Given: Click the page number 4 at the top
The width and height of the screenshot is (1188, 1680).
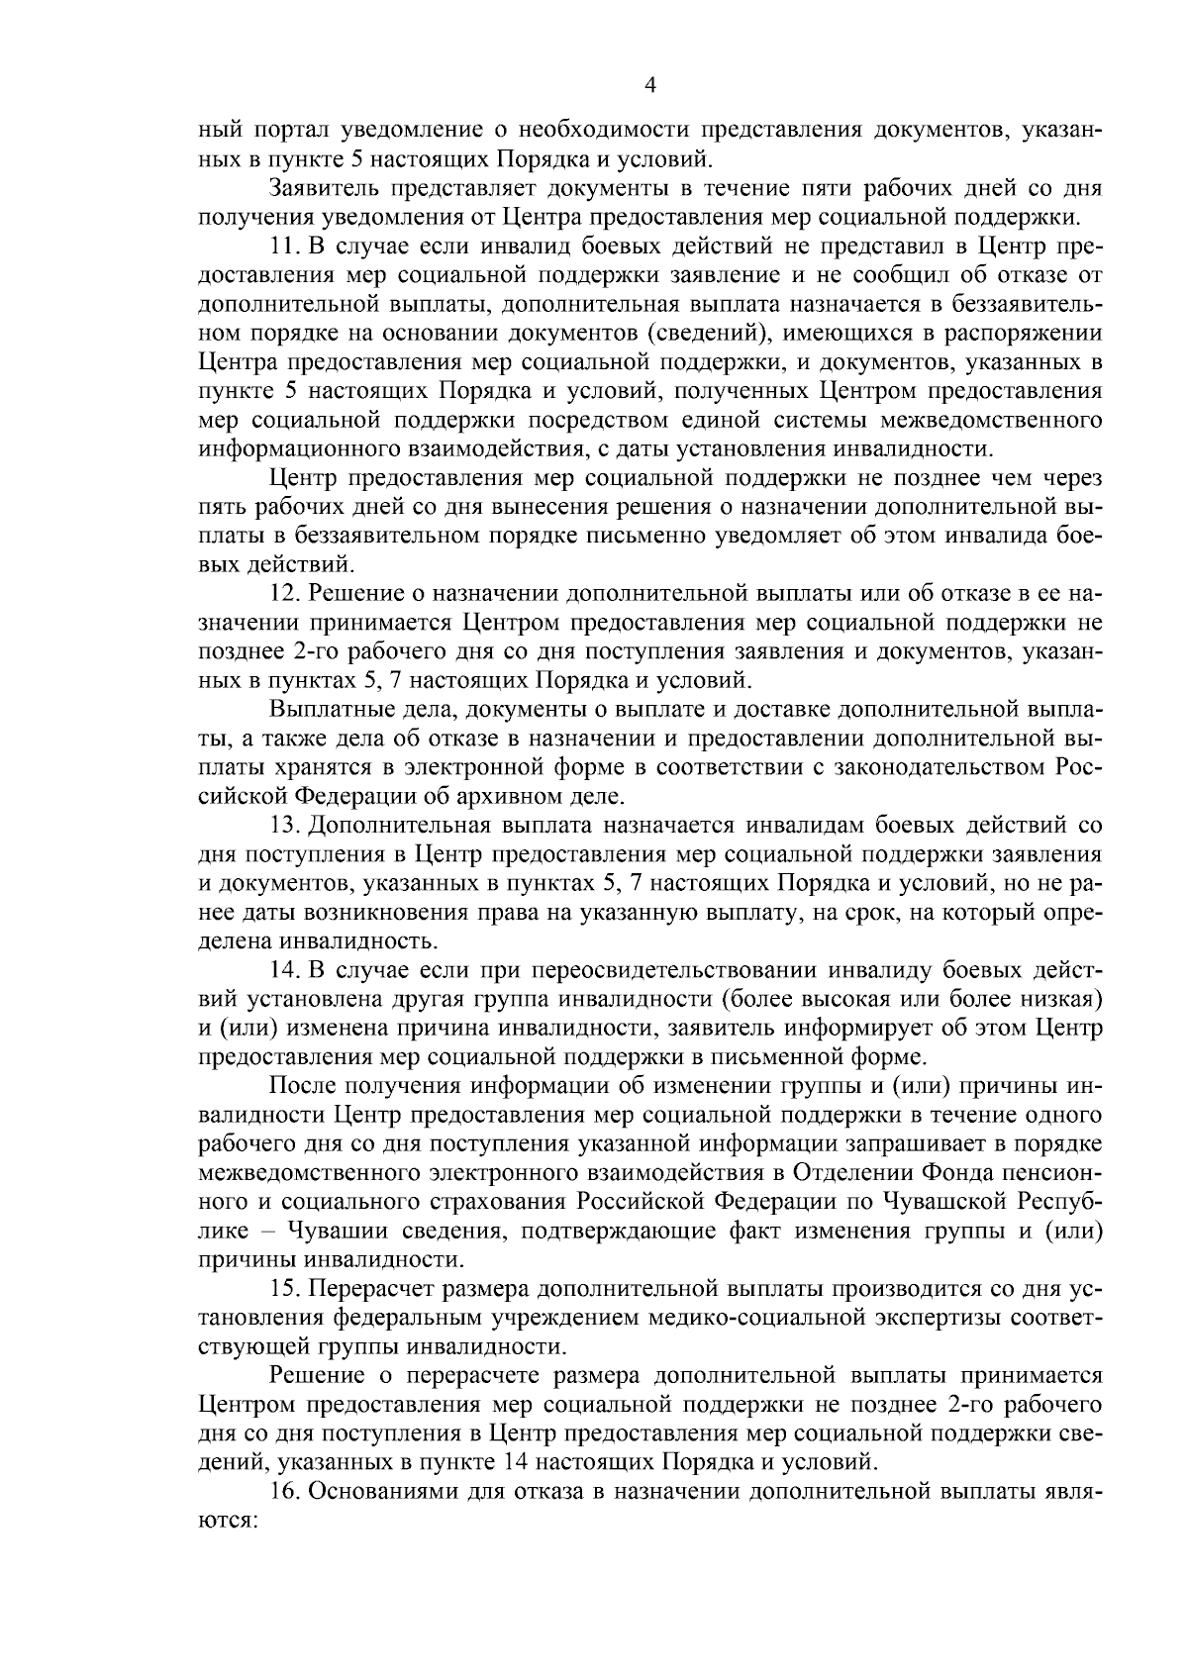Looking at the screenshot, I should coord(650,86).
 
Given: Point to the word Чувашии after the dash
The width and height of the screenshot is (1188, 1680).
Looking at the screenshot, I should coord(337,1231).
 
